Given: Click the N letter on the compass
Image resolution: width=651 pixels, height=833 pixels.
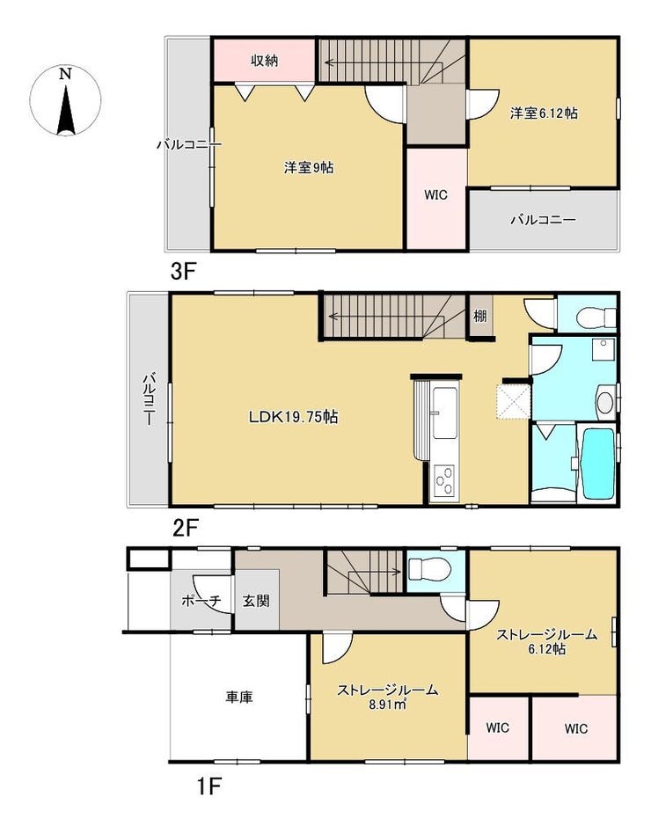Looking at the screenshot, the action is pos(65,74).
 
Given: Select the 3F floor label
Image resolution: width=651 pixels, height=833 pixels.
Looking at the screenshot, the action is pos(184,272).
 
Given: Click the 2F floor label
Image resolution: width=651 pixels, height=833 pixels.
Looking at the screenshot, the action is pos(185,528).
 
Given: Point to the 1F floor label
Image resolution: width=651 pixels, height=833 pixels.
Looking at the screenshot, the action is pos(208,786).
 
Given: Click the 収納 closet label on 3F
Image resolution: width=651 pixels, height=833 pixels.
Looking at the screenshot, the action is pos(265,61).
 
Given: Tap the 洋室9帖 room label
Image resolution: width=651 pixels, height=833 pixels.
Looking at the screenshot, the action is pos(309,168).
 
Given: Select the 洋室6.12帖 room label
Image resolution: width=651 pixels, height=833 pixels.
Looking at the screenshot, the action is pos(543,113).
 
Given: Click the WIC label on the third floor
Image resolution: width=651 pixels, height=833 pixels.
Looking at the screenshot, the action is pos(435,195).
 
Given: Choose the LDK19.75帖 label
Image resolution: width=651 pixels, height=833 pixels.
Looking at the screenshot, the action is pos(294,417).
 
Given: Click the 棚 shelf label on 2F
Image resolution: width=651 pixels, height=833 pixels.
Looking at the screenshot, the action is pos(479,316).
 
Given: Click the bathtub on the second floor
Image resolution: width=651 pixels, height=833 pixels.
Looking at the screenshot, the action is pos(598,464).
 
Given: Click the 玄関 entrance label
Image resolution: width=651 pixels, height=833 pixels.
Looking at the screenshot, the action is pos(256,601).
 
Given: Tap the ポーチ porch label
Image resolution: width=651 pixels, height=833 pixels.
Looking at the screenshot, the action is pos(201,601).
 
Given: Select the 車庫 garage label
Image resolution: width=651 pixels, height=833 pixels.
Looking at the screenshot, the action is pos(239,697).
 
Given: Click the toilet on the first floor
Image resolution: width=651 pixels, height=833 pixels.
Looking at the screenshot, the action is pos(429,571).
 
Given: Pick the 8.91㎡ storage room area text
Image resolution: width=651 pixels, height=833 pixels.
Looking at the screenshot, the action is pos(388,705).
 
